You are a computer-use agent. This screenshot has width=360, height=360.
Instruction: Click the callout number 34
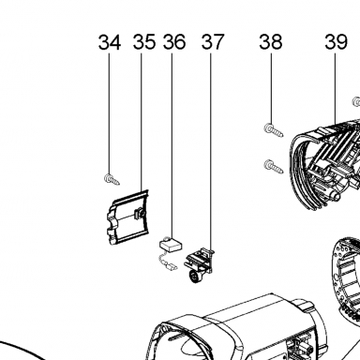pos(110,42)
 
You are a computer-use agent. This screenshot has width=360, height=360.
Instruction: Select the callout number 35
pos(144,42)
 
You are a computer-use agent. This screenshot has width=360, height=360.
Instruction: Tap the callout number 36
pos(174,42)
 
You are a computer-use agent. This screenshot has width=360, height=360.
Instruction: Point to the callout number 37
pos(213,42)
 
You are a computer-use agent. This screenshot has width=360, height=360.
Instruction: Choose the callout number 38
pos(271,42)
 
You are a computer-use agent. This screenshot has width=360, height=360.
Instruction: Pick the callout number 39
pos(336,42)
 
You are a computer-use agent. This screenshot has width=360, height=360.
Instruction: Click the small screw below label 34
pos(112,179)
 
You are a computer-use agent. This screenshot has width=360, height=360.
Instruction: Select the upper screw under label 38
pos(274,130)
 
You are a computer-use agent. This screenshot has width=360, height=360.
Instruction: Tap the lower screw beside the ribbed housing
pos(274,166)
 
